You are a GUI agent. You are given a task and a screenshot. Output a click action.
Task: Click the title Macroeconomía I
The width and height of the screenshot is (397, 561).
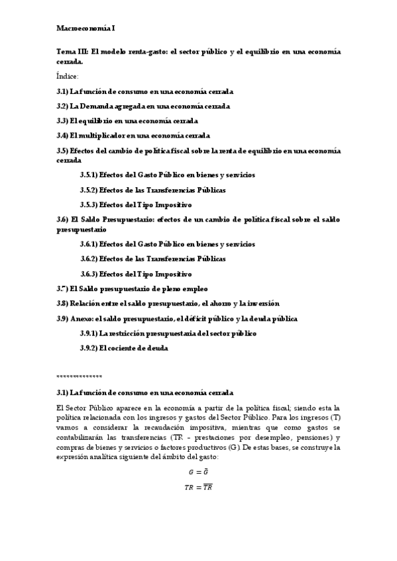(x=85, y=29)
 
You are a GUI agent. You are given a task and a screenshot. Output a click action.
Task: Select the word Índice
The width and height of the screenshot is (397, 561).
(x=68, y=76)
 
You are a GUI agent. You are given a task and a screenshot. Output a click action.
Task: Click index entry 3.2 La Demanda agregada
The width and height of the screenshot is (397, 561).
(x=143, y=106)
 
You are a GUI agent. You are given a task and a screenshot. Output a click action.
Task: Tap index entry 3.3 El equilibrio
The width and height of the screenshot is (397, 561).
(x=127, y=121)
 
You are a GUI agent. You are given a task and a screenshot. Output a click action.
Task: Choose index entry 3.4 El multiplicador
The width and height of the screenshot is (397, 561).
(x=133, y=136)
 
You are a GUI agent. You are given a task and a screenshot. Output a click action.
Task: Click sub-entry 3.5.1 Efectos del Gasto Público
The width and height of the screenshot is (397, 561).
(x=167, y=175)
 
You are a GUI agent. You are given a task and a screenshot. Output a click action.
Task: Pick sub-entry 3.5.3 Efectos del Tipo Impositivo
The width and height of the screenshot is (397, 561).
(x=136, y=205)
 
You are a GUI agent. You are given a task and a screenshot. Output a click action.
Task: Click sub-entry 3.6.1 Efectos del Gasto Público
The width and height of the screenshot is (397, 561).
(x=167, y=244)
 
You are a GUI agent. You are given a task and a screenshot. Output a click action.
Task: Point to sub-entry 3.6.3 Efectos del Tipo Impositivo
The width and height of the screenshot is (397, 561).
(x=136, y=274)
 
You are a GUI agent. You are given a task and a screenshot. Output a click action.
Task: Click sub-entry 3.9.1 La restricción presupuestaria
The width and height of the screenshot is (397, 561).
(x=168, y=333)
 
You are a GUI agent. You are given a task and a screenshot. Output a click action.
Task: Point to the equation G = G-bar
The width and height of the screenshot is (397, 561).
(x=198, y=472)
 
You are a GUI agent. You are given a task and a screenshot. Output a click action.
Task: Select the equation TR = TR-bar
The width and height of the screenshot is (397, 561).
(x=198, y=488)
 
